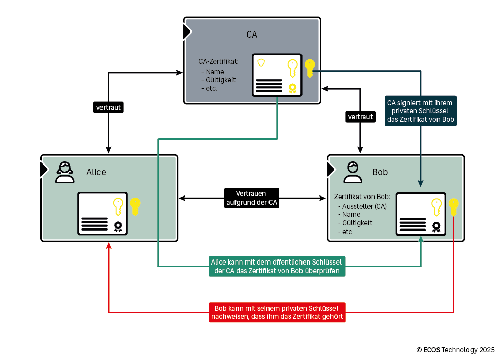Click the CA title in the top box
(x=252, y=35)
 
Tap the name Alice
(x=96, y=172)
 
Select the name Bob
(x=380, y=172)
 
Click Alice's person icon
(x=65, y=172)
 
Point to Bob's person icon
(x=353, y=172)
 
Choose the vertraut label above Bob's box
(x=360, y=117)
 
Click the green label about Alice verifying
(x=277, y=266)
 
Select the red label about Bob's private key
(x=277, y=312)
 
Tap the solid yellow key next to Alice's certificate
(x=135, y=206)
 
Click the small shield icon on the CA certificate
(x=261, y=62)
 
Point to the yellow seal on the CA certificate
(x=292, y=88)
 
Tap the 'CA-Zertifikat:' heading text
(x=218, y=62)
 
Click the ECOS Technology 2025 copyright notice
(x=455, y=350)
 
